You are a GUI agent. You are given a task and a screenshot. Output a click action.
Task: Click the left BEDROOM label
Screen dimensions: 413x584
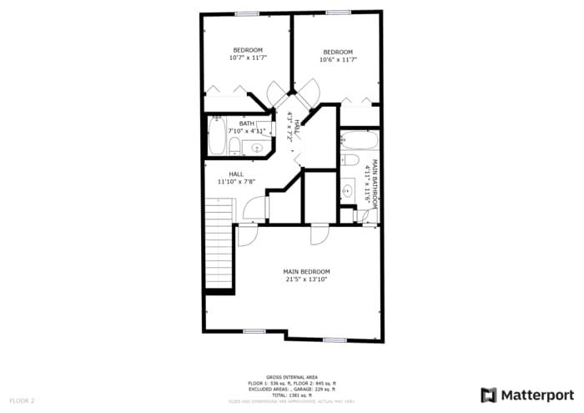248,50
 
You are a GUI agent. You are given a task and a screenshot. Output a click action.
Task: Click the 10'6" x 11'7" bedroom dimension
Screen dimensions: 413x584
338,59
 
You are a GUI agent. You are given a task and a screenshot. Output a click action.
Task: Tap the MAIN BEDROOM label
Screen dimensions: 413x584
306,271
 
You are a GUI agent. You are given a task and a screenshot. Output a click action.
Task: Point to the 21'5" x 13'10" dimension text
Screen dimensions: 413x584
306,280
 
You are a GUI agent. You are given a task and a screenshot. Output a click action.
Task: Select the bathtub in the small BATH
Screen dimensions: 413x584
217,136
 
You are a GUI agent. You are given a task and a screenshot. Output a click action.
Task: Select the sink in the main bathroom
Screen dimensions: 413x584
348,190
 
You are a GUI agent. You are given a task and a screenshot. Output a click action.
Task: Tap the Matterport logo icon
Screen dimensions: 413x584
489,395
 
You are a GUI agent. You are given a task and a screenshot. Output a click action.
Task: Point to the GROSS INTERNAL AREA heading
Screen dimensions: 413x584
291,377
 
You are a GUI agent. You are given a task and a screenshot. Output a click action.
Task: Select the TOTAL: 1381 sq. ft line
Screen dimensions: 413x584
291,395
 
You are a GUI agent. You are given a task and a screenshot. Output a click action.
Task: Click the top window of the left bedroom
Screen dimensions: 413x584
246,13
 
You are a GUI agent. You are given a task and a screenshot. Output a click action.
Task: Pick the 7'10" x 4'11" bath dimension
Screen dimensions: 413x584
247,131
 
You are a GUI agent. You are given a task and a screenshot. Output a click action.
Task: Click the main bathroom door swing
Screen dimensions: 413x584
367,216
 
